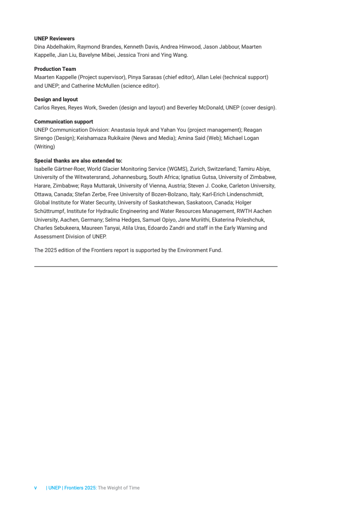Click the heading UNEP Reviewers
pyautogui.click(x=54, y=39)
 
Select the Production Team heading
pyautogui.click(x=55, y=69)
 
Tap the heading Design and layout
pyautogui.click(x=56, y=99)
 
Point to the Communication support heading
pyautogui.click(x=64, y=122)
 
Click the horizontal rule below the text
pyautogui.click(x=156, y=267)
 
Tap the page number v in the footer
pyautogui.click(x=35, y=488)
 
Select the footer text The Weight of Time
pyautogui.click(x=119, y=488)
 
